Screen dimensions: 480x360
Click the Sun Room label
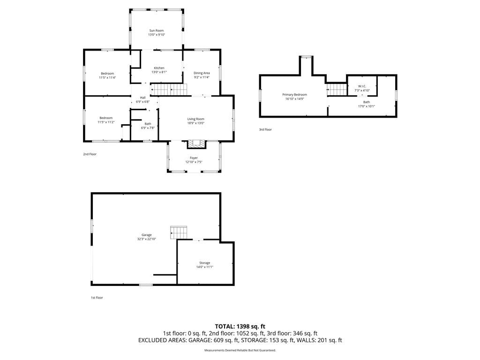(157, 30)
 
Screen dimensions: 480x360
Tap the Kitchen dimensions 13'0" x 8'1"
(159, 72)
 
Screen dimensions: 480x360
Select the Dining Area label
(202, 73)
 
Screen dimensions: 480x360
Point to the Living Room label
(196, 119)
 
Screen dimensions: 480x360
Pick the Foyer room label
(194, 158)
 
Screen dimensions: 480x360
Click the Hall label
(142, 97)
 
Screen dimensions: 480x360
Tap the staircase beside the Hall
(169, 90)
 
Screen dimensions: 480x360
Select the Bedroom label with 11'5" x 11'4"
(107, 74)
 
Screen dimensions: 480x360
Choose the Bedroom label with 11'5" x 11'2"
(106, 118)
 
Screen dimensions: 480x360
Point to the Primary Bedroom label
(294, 95)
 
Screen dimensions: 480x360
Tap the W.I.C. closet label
(362, 86)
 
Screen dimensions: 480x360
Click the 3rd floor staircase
(337, 90)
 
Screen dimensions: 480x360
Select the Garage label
(147, 235)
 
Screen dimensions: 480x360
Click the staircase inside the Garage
(179, 232)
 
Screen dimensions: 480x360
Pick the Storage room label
(205, 263)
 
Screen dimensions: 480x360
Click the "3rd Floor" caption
(265, 129)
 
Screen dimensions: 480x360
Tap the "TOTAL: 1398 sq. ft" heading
(240, 326)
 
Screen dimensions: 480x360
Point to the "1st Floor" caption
(97, 298)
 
